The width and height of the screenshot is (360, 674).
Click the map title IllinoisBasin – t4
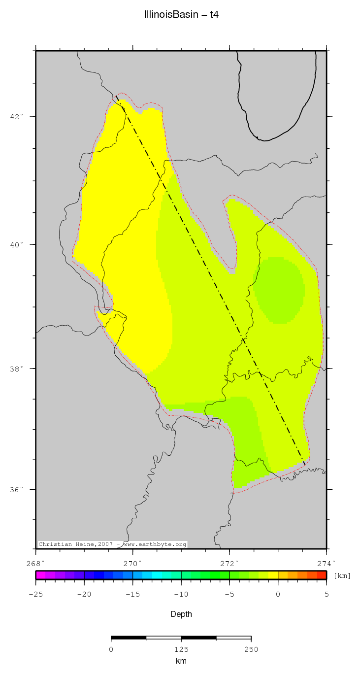[181, 15]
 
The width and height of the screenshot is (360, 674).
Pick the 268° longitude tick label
[36, 563]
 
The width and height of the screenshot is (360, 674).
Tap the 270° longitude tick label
[133, 563]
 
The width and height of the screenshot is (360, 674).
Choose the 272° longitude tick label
[230, 563]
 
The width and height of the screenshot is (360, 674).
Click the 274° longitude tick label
[327, 563]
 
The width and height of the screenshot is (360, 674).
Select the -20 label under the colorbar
[84, 594]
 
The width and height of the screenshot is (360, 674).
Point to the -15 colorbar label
[132, 594]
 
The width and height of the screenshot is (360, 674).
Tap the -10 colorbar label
[181, 594]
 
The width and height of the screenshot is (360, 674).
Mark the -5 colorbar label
[229, 594]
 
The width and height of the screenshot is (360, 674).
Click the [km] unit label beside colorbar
[342, 575]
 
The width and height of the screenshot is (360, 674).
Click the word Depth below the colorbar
[181, 614]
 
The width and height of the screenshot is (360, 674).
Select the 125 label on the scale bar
[181, 649]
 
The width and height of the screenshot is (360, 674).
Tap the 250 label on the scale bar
[251, 649]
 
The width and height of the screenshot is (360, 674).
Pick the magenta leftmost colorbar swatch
[40, 575]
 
